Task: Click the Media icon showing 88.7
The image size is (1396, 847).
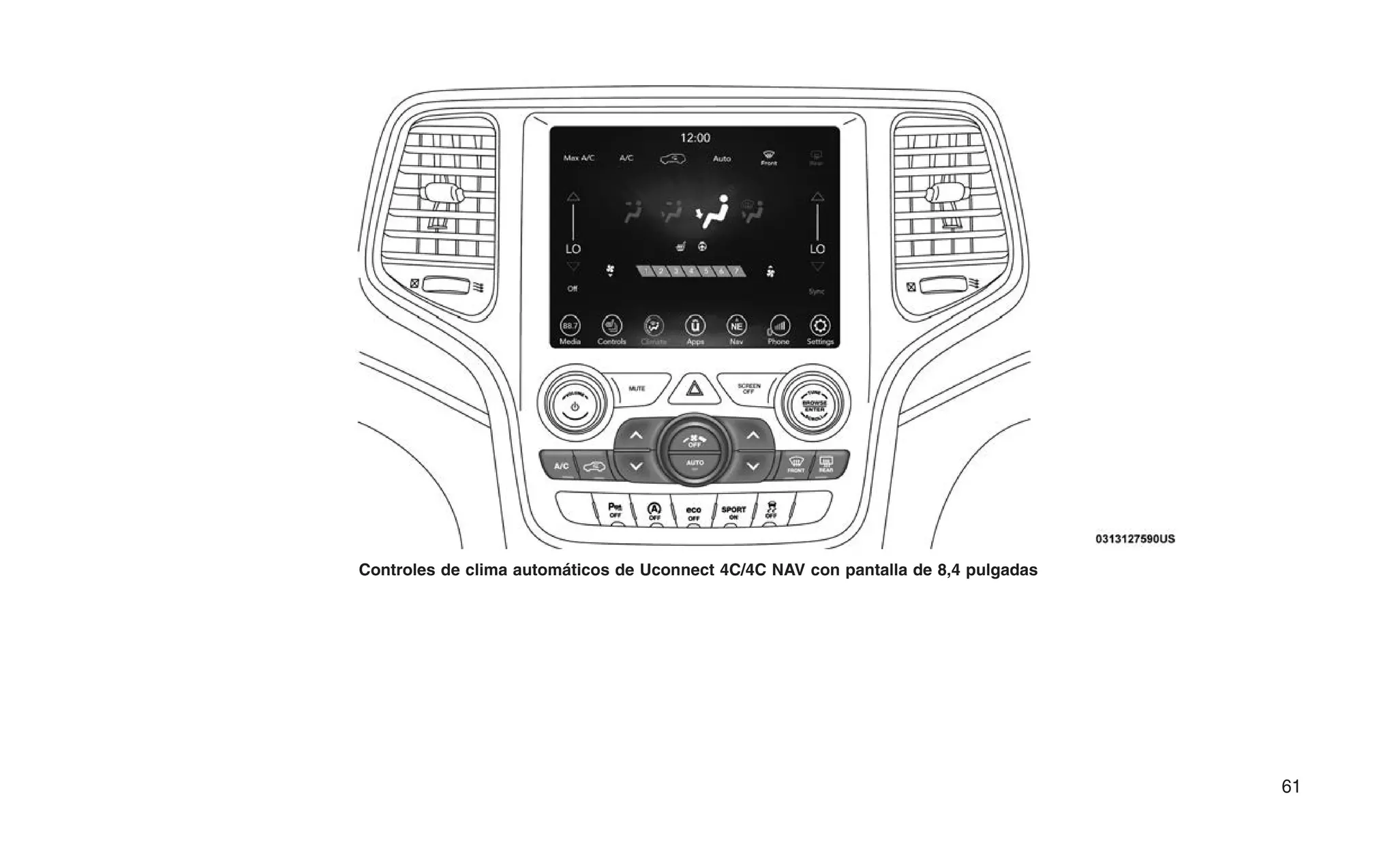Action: click(x=570, y=326)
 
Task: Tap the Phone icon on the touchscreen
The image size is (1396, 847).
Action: click(x=778, y=326)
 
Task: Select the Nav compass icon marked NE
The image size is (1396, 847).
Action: click(x=737, y=326)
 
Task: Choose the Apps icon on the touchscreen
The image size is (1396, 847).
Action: click(x=695, y=326)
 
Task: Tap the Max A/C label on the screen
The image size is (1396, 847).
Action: click(x=579, y=158)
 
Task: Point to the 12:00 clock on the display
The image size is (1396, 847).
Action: click(x=695, y=138)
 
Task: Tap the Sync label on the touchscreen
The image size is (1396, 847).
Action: click(x=816, y=292)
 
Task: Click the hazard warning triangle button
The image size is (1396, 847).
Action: click(x=694, y=389)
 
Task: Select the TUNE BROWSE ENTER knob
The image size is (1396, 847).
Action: click(x=815, y=401)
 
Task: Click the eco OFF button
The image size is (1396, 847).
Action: click(x=693, y=513)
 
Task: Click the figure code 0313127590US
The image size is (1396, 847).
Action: click(x=1135, y=539)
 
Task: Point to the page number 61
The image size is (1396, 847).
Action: click(x=1290, y=786)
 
